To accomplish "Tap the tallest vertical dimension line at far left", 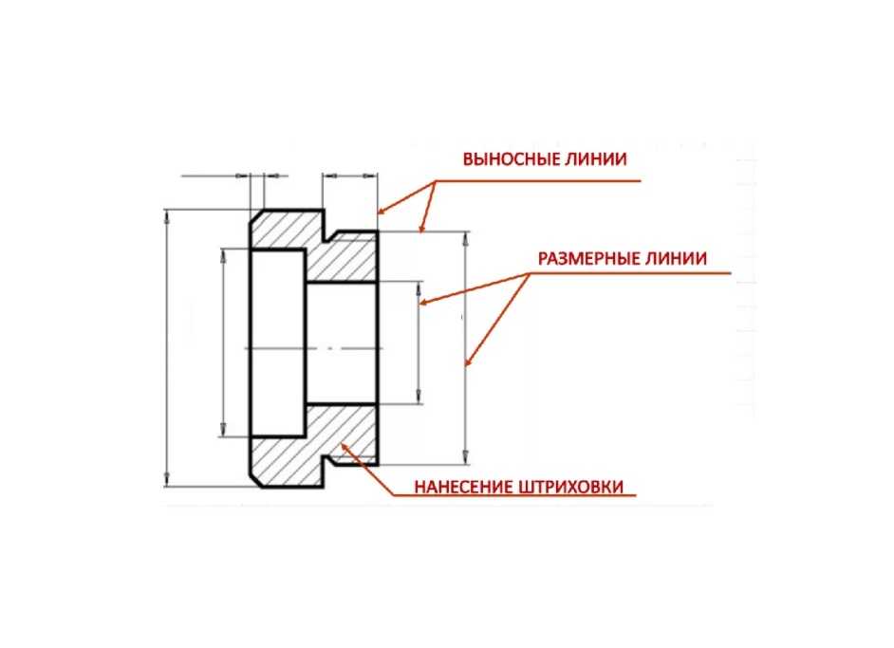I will (168, 349).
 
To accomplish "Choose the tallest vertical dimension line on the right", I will (466, 349).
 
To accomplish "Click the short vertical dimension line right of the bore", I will (419, 342).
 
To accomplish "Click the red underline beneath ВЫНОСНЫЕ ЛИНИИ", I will (541, 178).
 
